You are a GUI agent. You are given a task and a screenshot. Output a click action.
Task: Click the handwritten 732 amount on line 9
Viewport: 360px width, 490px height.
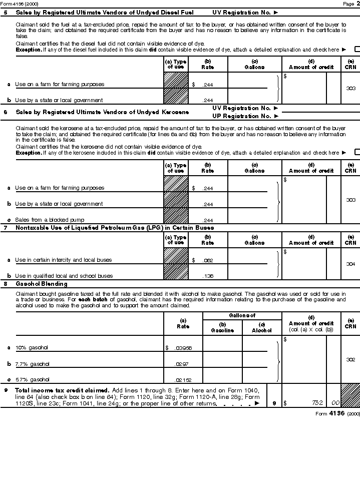(x=316, y=402)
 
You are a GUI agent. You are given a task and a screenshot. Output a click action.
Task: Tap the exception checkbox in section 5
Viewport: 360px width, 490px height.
(x=357, y=49)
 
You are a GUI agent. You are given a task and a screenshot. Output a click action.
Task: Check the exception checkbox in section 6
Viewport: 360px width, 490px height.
(x=357, y=152)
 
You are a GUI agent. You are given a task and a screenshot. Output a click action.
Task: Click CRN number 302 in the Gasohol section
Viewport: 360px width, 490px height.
(x=350, y=359)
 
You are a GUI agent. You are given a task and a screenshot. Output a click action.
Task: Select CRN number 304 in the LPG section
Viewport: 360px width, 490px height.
(x=350, y=264)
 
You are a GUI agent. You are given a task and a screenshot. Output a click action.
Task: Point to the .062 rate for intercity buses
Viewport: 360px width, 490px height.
(x=208, y=260)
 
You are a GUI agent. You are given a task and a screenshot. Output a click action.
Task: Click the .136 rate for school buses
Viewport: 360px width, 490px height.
(x=208, y=276)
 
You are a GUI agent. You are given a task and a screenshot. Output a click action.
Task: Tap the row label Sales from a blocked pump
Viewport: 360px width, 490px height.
(x=49, y=220)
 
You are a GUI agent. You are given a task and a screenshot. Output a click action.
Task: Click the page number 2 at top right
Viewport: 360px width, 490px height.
(x=357, y=4)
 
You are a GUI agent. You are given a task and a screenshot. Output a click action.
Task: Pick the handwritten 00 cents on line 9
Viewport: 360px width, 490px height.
(x=334, y=402)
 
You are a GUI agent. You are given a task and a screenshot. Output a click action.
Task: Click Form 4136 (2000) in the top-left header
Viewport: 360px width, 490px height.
(x=19, y=4)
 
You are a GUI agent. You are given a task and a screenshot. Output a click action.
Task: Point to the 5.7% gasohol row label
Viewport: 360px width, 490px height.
(x=32, y=379)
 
